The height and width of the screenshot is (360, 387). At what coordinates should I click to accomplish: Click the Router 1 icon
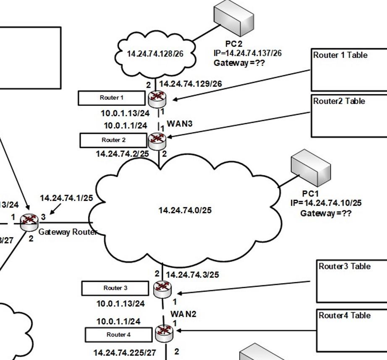157,98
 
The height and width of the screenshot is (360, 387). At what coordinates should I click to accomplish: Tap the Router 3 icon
162,288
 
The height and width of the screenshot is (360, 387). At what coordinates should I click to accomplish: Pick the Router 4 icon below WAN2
163,334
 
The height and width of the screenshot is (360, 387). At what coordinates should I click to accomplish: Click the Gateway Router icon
29,222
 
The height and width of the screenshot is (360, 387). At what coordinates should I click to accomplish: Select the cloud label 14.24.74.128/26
155,54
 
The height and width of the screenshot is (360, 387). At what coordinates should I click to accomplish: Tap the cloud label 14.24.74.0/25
185,210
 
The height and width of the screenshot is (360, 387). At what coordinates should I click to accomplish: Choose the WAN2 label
183,314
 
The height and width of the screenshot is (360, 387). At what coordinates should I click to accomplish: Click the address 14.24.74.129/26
190,84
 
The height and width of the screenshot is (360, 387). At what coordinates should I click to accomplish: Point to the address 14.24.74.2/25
122,154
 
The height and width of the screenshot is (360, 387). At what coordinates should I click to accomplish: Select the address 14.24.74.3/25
192,275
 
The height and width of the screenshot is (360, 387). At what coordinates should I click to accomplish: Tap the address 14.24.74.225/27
124,353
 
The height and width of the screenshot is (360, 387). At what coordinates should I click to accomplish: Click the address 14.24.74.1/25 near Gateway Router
66,198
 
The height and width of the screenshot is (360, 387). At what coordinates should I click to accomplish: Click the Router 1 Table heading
340,55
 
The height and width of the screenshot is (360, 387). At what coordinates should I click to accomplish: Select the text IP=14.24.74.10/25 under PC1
326,203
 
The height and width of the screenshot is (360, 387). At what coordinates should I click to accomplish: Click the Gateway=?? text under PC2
239,63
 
